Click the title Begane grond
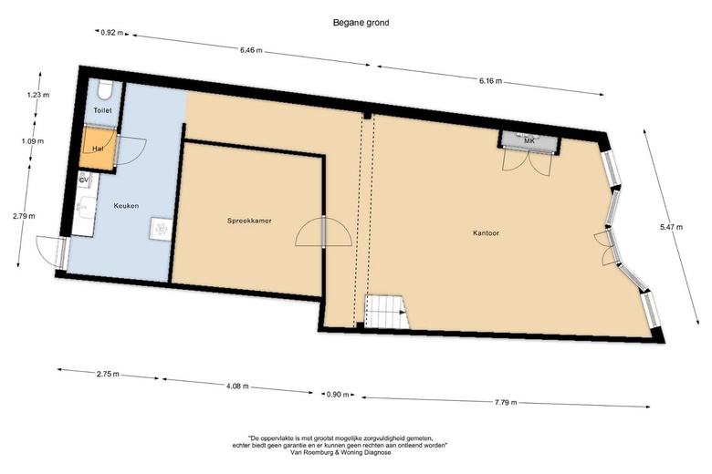[361, 22]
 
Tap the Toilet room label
[102, 110]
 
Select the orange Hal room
[97, 148]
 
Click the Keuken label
[126, 205]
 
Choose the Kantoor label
[486, 233]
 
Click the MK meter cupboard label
[529, 141]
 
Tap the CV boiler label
[84, 180]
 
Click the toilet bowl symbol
[103, 89]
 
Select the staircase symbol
[387, 312]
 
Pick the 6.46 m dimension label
[251, 50]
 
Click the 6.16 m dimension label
[491, 81]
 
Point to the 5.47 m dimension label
[671, 227]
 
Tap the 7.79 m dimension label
[506, 402]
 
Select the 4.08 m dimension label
[237, 386]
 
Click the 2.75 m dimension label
[108, 375]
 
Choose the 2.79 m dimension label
[24, 216]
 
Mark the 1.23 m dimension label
[38, 95]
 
